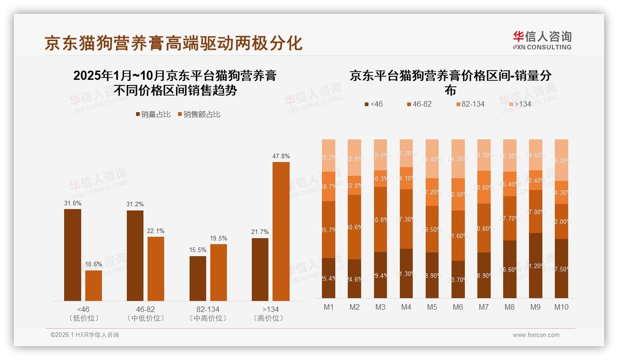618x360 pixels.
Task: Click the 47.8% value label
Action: pyautogui.click(x=281, y=156)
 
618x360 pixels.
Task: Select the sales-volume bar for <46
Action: pyautogui.click(x=72, y=255)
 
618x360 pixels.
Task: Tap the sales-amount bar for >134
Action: pyautogui.click(x=281, y=231)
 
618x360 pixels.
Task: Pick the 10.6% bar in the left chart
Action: pyautogui.click(x=94, y=286)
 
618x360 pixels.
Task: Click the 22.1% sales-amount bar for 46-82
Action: pyautogui.click(x=156, y=269)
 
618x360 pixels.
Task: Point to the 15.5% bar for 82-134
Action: pyautogui.click(x=198, y=278)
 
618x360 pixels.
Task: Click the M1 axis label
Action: pyautogui.click(x=328, y=307)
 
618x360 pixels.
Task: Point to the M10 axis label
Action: pyautogui.click(x=561, y=307)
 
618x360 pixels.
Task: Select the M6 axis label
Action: pyautogui.click(x=458, y=307)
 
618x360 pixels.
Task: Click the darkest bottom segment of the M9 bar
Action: pyautogui.click(x=535, y=265)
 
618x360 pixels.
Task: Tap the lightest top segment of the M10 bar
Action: pyautogui.click(x=561, y=160)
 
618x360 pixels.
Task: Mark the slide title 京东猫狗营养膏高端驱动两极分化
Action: pyautogui.click(x=173, y=43)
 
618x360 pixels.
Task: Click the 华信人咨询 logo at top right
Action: pyautogui.click(x=542, y=40)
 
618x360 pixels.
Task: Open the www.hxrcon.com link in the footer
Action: pyautogui.click(x=536, y=335)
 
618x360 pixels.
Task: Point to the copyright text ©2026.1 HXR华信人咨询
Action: pyautogui.click(x=85, y=335)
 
